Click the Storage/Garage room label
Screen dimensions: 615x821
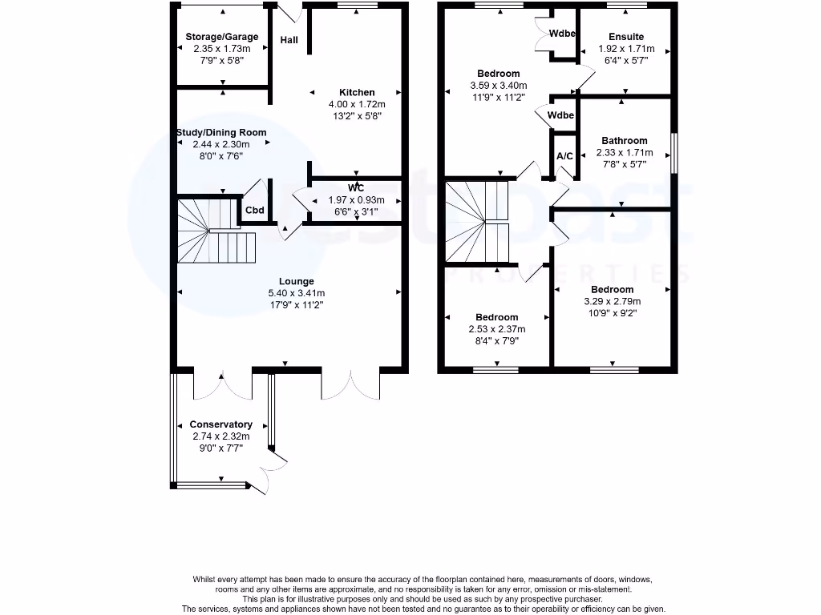(221, 37)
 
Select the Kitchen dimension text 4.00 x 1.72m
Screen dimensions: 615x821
(357, 104)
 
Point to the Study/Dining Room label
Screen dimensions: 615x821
(221, 133)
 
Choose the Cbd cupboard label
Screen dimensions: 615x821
(255, 211)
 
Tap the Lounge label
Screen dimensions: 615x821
(296, 281)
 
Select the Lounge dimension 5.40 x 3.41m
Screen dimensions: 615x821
(296, 293)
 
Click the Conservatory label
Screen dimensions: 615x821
(220, 424)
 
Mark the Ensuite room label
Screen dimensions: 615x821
(626, 37)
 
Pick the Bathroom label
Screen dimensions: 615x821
(624, 141)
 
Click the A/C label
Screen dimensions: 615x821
(564, 155)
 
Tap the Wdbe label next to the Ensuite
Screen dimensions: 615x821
(561, 34)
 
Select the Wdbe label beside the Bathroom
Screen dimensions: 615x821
(561, 116)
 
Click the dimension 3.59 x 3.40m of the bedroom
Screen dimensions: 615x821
(498, 86)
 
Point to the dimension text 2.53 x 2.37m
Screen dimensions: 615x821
(496, 329)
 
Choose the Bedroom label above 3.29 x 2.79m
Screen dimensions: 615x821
(612, 289)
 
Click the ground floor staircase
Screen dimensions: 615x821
(215, 232)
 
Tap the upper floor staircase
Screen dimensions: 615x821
(478, 223)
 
